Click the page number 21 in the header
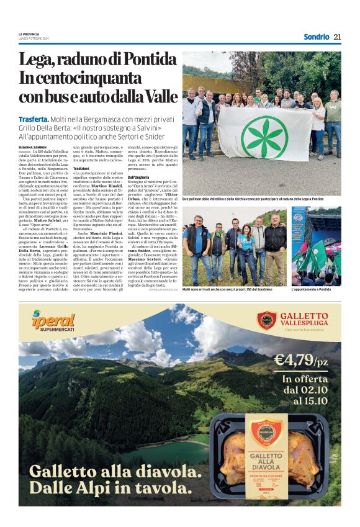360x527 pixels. pyautogui.click(x=337, y=37)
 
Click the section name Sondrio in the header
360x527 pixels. pyautogui.click(x=316, y=37)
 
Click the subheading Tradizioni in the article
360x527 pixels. pyautogui.click(x=81, y=168)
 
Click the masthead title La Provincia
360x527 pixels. pyautogui.click(x=29, y=34)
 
